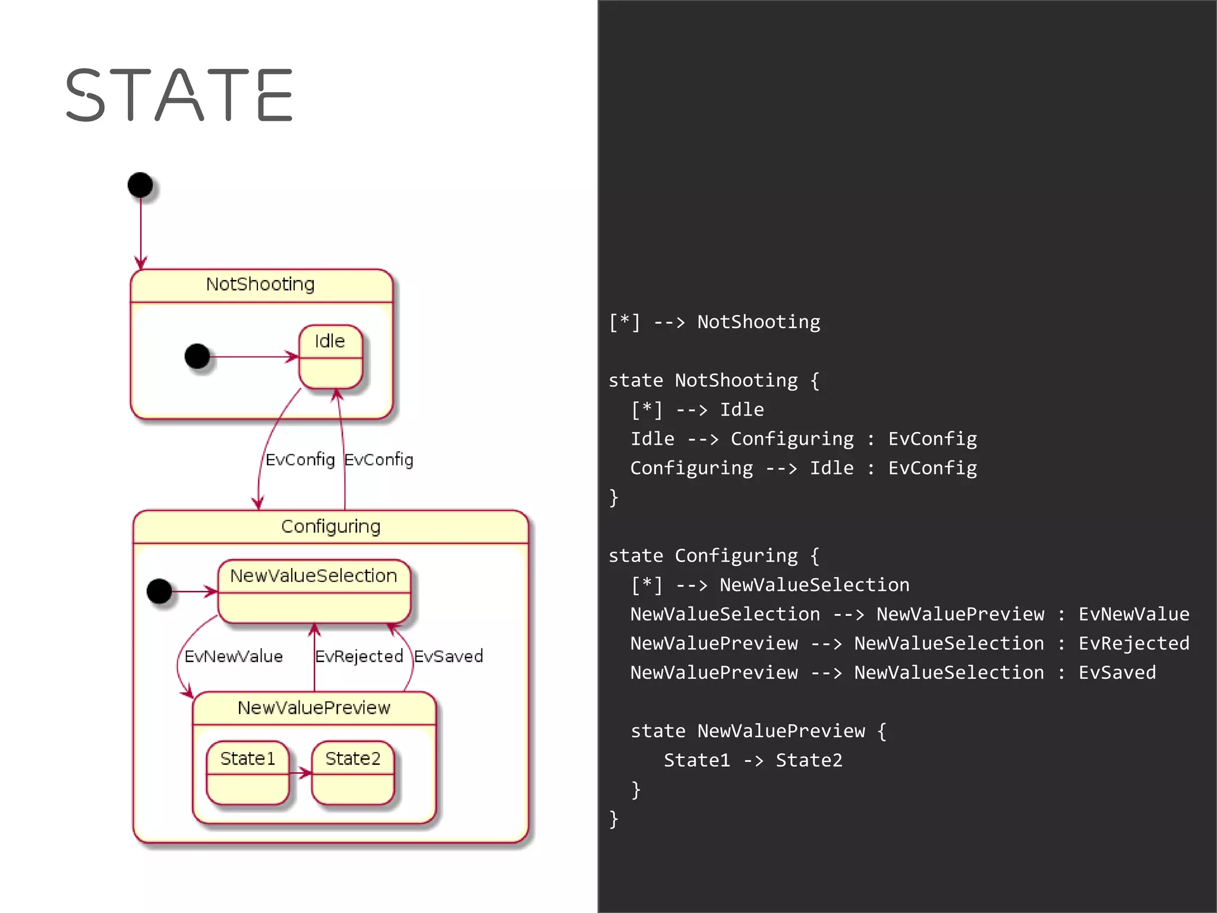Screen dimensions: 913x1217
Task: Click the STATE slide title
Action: (178, 95)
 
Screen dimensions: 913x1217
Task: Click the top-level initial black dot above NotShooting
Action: (140, 185)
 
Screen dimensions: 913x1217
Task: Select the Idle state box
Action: (330, 357)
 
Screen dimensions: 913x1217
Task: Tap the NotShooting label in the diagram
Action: (260, 285)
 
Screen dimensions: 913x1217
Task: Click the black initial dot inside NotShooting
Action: (197, 357)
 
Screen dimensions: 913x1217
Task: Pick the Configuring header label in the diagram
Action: (330, 527)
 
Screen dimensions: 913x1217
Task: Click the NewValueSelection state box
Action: (314, 591)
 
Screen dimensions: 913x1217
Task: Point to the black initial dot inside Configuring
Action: (159, 591)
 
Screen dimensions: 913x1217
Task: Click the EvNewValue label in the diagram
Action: (234, 657)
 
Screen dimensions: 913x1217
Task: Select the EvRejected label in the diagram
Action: (359, 657)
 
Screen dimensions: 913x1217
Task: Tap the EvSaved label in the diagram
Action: (448, 657)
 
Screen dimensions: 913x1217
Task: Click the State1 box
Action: (248, 772)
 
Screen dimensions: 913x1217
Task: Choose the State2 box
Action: (353, 772)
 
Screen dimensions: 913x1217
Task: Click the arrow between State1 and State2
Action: (301, 773)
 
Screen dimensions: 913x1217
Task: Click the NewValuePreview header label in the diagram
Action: (314, 708)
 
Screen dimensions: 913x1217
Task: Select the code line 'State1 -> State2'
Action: (753, 761)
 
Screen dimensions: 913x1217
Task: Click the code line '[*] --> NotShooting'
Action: (714, 322)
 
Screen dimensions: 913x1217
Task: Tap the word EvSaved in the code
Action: (1117, 673)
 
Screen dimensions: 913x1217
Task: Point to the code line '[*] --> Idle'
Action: (697, 410)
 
